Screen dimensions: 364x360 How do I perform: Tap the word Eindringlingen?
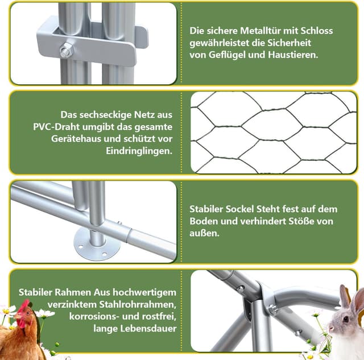pos(139,151)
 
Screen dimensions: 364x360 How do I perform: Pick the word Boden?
pos(204,221)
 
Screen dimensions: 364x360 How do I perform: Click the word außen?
pos(204,233)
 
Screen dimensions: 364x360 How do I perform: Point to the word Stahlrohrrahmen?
pos(138,304)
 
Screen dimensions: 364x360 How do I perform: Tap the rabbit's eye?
pos(346,319)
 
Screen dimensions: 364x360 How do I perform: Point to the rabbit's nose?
pos(331,328)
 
